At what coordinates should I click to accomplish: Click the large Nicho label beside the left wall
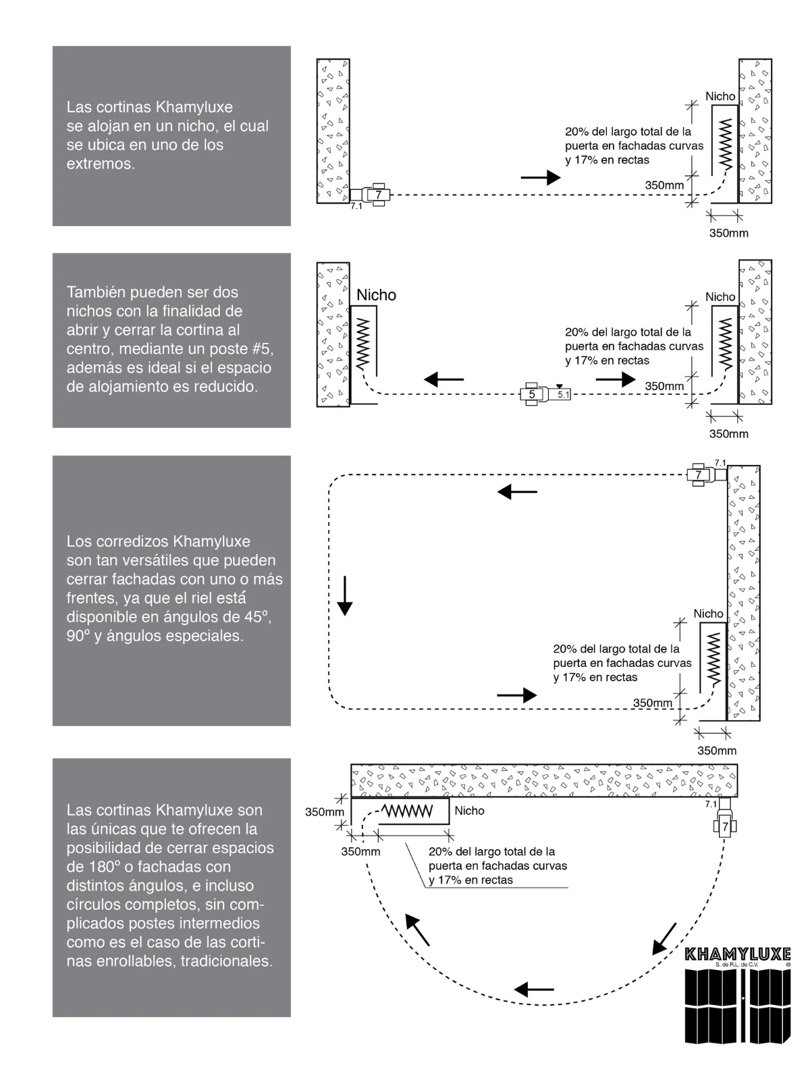pyautogui.click(x=376, y=295)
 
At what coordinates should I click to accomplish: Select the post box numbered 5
pyautogui.click(x=532, y=394)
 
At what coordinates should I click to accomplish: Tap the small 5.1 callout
pyautogui.click(x=563, y=395)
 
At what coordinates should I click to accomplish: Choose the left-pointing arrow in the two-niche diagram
pyautogui.click(x=444, y=379)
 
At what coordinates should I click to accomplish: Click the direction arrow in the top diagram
pyautogui.click(x=541, y=178)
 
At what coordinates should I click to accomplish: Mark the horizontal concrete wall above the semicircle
pyautogui.click(x=543, y=781)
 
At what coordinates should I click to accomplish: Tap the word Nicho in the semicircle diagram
pyautogui.click(x=469, y=811)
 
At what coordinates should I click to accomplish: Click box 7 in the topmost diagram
pyautogui.click(x=379, y=195)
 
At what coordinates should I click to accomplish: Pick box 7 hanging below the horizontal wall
pyautogui.click(x=726, y=826)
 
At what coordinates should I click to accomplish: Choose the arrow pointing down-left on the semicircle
pyautogui.click(x=665, y=938)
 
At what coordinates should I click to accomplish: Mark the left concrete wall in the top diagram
pyautogui.click(x=333, y=131)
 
